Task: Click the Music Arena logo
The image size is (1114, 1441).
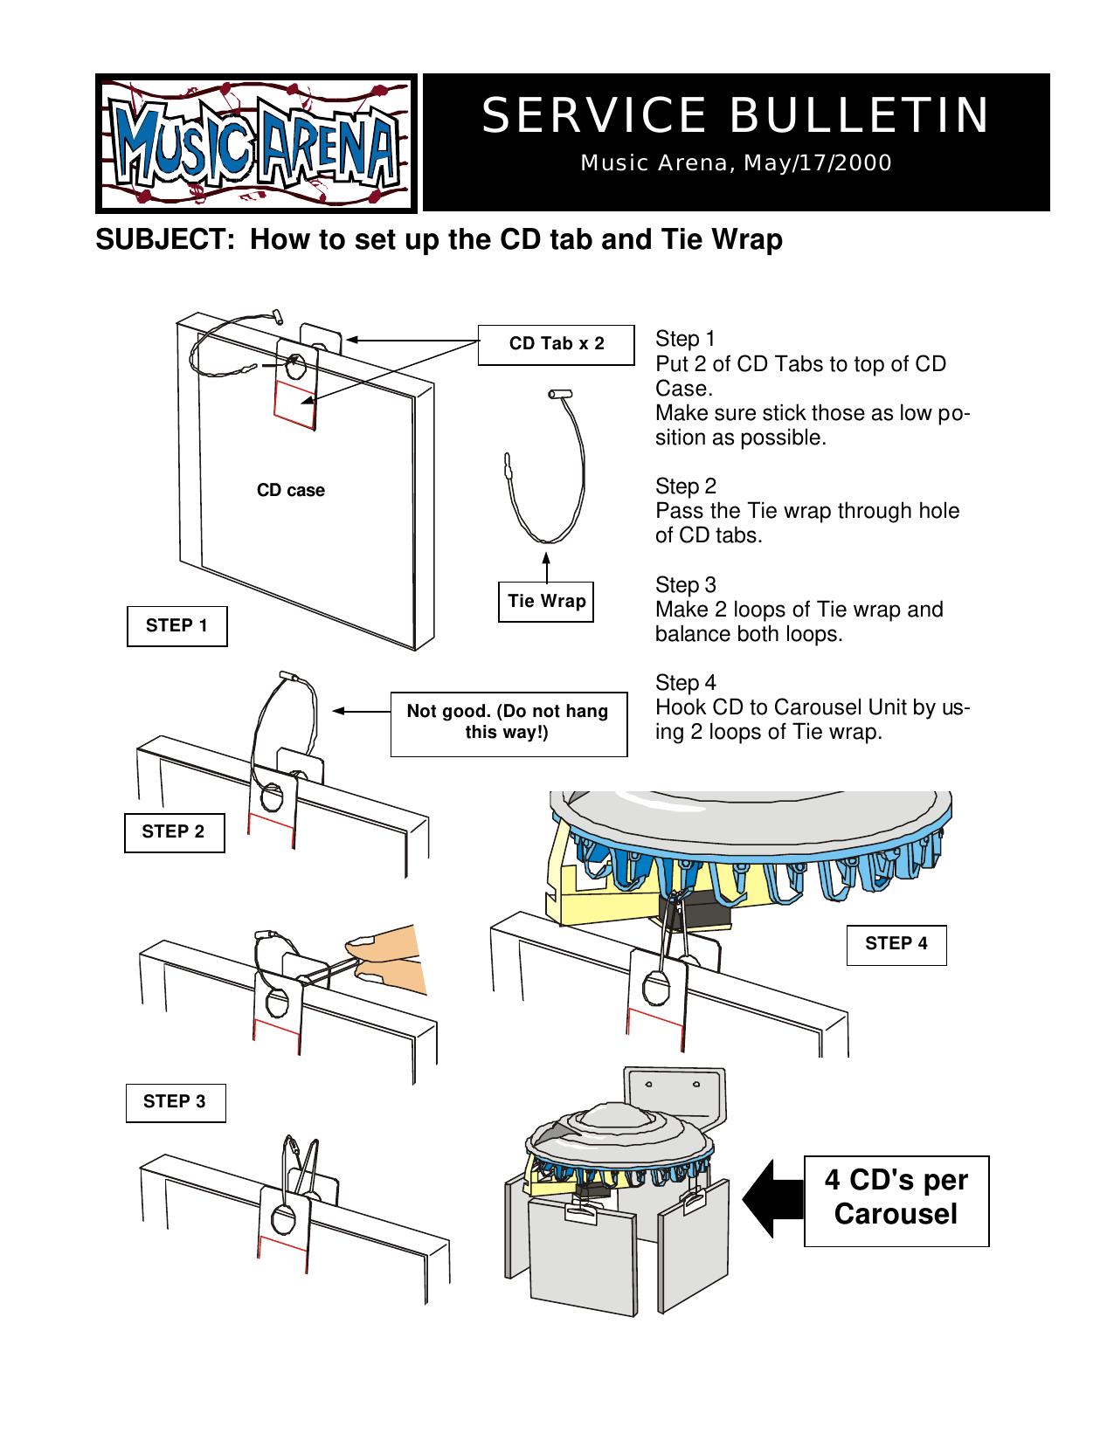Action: tap(255, 143)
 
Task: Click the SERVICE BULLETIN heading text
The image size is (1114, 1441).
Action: tap(736, 115)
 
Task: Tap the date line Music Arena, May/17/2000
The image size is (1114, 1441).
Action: tap(736, 163)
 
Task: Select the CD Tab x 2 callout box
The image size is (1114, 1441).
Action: tap(556, 344)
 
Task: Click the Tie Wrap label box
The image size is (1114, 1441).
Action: tap(546, 602)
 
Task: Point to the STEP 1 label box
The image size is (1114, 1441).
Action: tap(176, 626)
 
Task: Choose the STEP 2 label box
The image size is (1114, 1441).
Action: tap(174, 832)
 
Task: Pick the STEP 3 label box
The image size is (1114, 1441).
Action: tap(176, 1102)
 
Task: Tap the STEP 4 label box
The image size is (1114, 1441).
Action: tap(896, 944)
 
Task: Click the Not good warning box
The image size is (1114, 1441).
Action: tap(508, 722)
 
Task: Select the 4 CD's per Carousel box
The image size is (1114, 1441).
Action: tap(896, 1197)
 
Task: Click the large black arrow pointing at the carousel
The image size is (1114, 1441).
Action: tap(772, 1198)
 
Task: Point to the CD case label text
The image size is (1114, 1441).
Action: tap(290, 491)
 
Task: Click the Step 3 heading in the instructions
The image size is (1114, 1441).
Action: tap(685, 585)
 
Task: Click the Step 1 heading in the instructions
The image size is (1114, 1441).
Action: tap(685, 339)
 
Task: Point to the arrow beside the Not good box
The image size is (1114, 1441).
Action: tap(362, 711)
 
